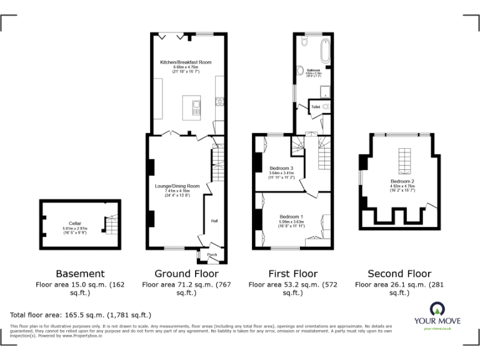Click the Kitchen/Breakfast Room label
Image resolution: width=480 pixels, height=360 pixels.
coord(186,62)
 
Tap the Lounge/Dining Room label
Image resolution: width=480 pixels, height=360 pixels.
coord(177,186)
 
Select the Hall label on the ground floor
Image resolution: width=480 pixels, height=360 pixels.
coord(214,221)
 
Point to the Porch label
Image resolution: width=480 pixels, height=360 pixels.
coord(212,254)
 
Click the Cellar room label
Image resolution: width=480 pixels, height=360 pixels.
coord(76,223)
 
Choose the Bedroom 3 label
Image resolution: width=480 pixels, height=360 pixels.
coord(281,168)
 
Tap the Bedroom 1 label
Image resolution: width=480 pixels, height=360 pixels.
coord(291,216)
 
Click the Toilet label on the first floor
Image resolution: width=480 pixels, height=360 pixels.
coord(316,107)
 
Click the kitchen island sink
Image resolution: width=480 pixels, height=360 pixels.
coord(194,104)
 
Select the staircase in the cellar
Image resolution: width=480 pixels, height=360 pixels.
coord(111,226)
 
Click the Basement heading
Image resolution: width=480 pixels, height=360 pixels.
coord(80,274)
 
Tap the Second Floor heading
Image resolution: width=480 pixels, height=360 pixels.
coord(399,274)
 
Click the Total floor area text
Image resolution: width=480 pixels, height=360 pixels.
coord(81,315)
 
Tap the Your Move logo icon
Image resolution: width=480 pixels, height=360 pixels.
coord(436,309)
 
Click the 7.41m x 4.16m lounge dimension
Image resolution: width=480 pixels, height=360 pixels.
coord(177,191)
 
